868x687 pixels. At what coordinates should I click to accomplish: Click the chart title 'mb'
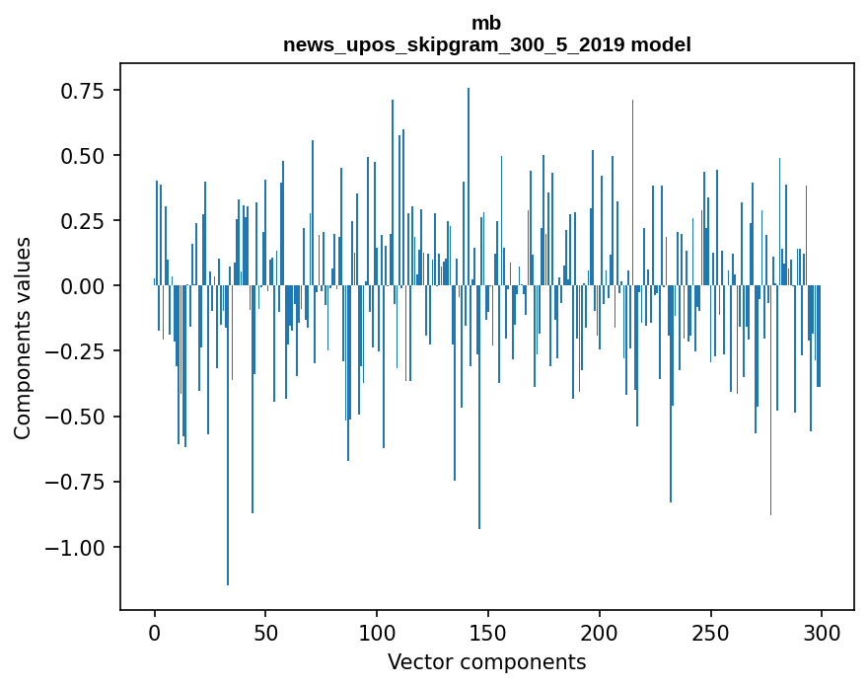coord(486,24)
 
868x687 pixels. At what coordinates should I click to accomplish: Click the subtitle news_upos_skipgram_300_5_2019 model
coord(486,44)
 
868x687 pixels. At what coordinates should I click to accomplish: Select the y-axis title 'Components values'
coord(23,338)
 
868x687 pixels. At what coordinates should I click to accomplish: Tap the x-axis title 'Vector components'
coord(486,662)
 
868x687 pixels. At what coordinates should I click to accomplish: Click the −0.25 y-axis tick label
coord(77,351)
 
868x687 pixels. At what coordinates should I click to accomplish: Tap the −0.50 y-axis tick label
coord(77,417)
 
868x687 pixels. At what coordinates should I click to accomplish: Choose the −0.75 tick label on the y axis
coord(77,482)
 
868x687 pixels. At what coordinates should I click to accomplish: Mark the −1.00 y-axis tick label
coord(77,547)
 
